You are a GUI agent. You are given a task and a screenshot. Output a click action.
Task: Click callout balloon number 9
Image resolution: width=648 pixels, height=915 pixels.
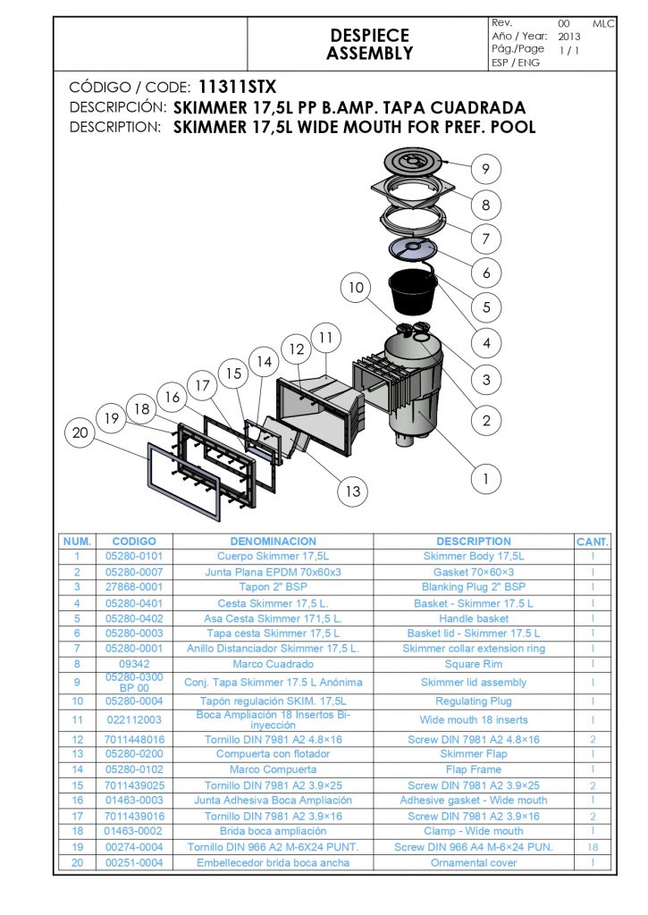coord(485,169)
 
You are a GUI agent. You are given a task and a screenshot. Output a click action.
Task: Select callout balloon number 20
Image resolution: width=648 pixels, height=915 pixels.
coord(80,432)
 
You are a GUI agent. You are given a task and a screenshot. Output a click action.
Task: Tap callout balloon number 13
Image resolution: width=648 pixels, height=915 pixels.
coord(353,491)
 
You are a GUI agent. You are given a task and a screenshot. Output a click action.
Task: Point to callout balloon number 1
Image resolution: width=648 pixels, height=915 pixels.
coord(485,479)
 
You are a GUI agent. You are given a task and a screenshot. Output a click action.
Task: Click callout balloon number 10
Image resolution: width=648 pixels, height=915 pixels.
coord(356,287)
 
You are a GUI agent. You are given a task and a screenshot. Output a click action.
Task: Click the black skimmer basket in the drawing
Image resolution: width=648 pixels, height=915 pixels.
coord(413,291)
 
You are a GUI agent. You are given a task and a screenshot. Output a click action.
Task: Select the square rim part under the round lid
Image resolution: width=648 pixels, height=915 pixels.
coord(413,190)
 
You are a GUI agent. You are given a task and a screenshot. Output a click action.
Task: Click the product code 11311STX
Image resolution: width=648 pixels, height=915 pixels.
coord(237,87)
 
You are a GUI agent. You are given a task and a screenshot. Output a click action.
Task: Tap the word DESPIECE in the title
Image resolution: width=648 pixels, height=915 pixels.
coord(369,35)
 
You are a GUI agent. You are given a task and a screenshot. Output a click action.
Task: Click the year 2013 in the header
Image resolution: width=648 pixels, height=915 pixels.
coord(569,36)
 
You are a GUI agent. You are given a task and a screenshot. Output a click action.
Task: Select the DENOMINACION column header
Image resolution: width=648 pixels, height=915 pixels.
coord(274,541)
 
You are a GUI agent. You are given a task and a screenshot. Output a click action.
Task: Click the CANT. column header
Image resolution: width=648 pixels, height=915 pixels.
coord(593,541)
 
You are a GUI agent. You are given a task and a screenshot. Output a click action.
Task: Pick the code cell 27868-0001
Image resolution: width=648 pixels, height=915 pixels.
coord(134,587)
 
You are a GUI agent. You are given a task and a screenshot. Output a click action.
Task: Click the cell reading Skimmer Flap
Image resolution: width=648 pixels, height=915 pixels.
coord(474,754)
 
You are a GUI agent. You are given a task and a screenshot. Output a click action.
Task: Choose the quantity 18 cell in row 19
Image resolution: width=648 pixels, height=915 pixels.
coord(593,847)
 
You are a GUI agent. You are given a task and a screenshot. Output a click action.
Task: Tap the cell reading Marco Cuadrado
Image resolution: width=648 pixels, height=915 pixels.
coord(274,664)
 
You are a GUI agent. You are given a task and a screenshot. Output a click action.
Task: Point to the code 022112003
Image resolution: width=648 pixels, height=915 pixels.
coord(134,720)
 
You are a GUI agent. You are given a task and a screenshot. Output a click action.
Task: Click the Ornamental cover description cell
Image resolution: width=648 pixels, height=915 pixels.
coord(474,862)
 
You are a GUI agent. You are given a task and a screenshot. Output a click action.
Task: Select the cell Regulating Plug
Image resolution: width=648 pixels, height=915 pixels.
coord(474,701)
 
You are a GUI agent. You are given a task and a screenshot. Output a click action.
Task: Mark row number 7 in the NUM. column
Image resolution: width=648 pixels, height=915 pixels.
coord(77,649)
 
